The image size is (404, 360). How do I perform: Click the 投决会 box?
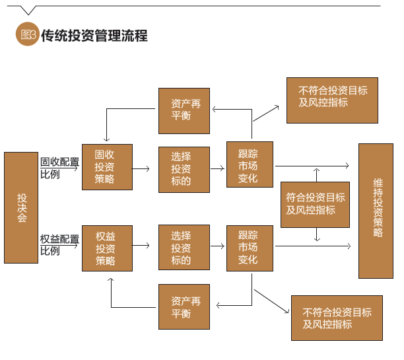(x=21, y=207)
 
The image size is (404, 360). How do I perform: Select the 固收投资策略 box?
(x=107, y=167)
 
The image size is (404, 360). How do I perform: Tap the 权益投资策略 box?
(x=107, y=248)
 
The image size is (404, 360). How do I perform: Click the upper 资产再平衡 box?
(x=184, y=111)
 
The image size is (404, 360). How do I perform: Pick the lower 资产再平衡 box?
(x=184, y=306)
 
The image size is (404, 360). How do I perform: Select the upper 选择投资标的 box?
(x=184, y=168)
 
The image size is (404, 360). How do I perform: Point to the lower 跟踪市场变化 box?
(x=250, y=248)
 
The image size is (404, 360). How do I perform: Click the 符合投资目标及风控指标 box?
(x=315, y=204)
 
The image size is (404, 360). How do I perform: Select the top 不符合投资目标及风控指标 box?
(x=333, y=100)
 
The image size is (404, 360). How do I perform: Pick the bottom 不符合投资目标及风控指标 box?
(x=337, y=318)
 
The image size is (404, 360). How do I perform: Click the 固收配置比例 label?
(x=59, y=168)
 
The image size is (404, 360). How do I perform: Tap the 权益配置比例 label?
(x=59, y=244)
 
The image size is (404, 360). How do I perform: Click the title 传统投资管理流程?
(x=94, y=36)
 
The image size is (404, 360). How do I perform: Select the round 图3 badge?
(x=26, y=36)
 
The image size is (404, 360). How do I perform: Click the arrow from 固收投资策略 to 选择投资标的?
(x=141, y=168)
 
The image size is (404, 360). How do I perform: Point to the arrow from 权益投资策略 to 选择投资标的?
(x=141, y=246)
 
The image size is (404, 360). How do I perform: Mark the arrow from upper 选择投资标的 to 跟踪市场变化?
(x=218, y=168)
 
